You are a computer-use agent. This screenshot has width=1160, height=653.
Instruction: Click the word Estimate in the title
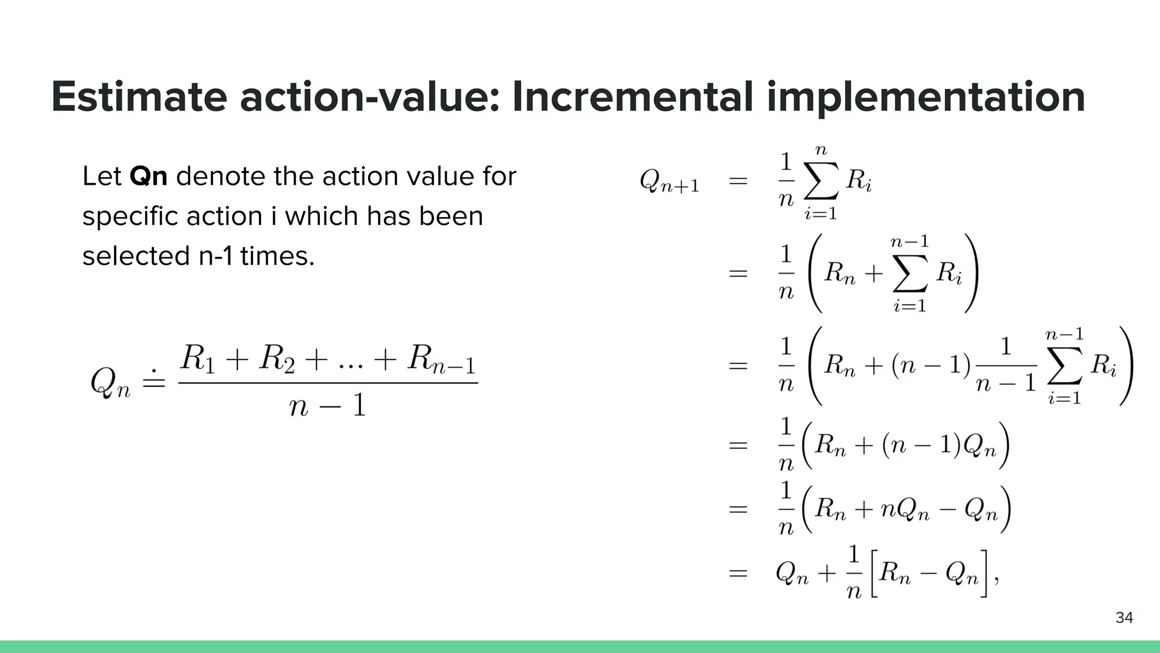139,97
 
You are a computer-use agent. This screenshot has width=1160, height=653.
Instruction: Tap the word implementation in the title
926,98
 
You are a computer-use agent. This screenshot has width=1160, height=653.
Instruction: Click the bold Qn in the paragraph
148,176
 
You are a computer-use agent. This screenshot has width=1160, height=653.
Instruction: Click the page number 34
1124,617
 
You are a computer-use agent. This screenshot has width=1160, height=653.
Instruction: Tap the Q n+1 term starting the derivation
669,182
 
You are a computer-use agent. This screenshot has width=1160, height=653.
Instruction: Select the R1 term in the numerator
198,359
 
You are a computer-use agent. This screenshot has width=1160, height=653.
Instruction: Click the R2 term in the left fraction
277,359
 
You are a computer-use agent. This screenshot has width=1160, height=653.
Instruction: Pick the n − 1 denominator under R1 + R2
327,406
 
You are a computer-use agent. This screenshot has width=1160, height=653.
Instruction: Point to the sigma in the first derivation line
821,181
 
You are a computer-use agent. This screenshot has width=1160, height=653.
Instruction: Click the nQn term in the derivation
905,510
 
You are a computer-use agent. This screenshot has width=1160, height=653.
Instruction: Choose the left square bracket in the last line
872,573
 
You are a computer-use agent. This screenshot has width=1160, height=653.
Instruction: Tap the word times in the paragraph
277,256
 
